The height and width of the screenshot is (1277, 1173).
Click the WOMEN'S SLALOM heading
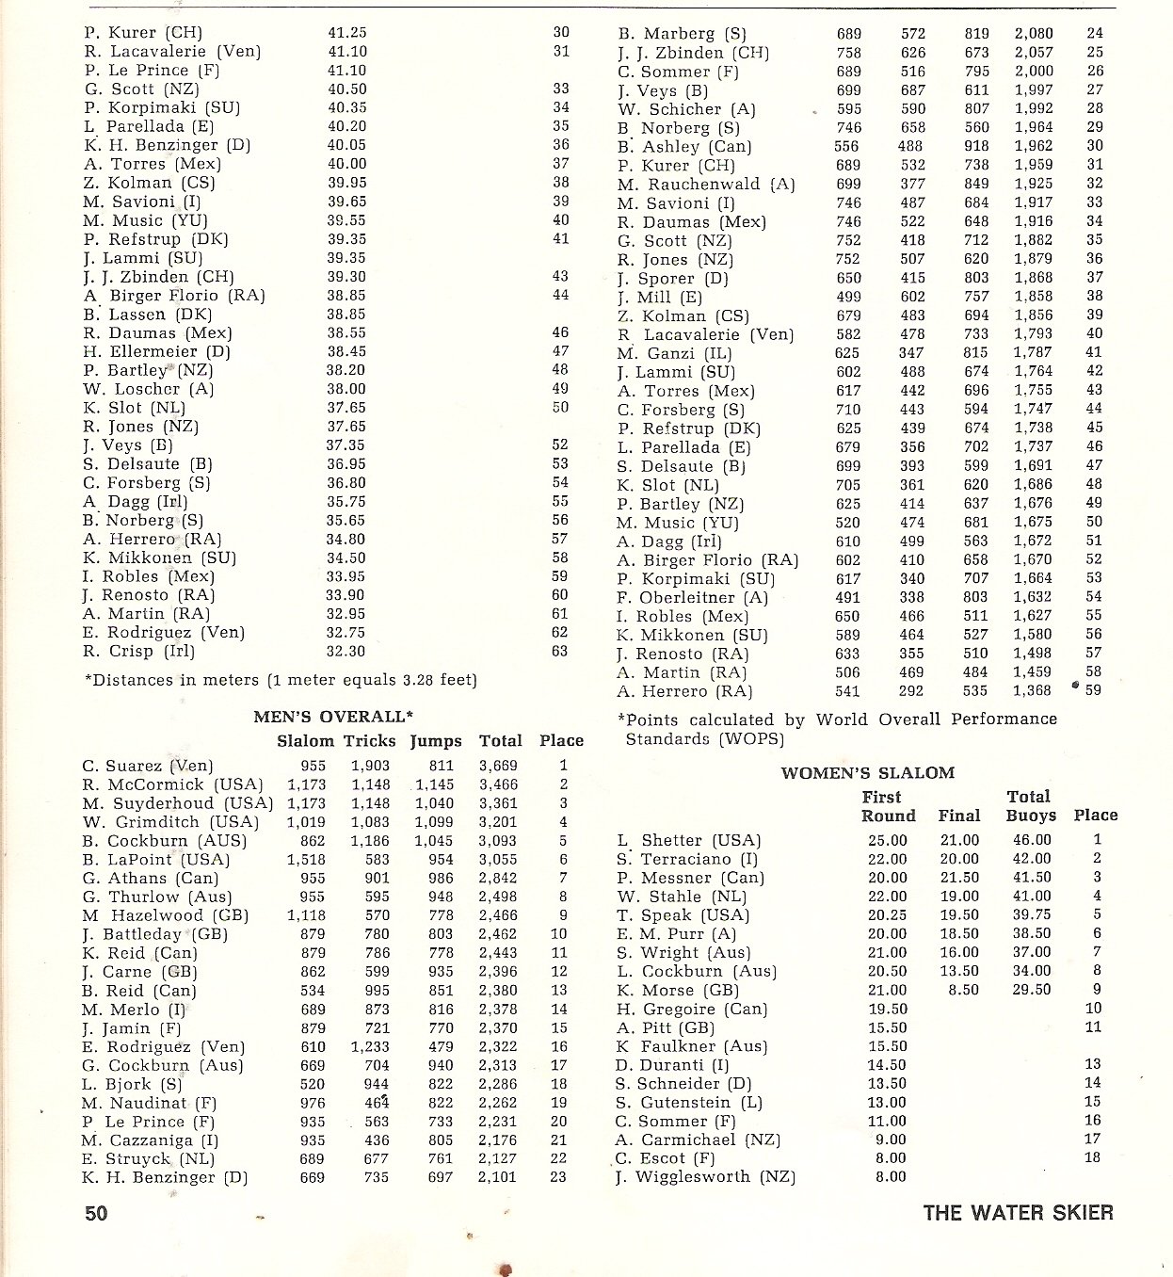tap(867, 773)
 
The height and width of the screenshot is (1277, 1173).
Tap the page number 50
tap(96, 1213)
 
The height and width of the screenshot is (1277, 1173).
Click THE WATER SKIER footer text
tap(1018, 1212)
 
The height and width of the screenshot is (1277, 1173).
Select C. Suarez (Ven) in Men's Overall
tap(148, 766)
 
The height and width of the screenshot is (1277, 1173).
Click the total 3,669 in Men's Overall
tap(498, 766)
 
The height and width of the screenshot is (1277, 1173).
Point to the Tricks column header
tap(369, 741)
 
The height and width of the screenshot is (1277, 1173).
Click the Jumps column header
tap(436, 741)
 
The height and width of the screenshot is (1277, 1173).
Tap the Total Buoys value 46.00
tap(1031, 840)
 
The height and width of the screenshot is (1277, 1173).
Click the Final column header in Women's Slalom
tap(958, 816)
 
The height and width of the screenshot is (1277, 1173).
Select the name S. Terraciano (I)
tap(687, 859)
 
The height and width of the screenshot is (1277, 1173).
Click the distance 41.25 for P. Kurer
tap(347, 33)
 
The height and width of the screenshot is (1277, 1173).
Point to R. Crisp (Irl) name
tap(138, 651)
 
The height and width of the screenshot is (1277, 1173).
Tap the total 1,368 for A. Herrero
tap(1032, 691)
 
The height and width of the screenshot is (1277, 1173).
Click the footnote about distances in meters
tap(281, 680)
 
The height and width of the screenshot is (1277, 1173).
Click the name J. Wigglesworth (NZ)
tap(706, 1177)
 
